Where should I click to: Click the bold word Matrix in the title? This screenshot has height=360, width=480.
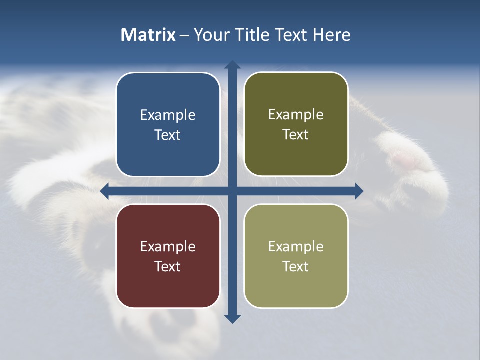tap(148, 35)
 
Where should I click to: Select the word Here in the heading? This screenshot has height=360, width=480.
tap(332, 35)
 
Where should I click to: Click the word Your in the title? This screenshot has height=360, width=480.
tap(210, 35)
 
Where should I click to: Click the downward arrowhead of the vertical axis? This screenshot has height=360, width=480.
tap(232, 319)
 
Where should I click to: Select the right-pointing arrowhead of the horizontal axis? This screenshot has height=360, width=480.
tap(359, 191)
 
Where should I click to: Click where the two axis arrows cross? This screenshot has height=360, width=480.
tap(232, 191)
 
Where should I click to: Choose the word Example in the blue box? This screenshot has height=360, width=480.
tap(168, 115)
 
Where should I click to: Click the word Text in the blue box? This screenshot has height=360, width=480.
tap(168, 135)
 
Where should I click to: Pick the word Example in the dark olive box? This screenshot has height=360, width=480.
tap(296, 115)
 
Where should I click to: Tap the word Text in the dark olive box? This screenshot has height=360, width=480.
tap(296, 135)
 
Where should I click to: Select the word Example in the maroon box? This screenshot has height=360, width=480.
tap(168, 247)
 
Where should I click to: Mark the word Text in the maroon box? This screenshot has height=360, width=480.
tap(168, 267)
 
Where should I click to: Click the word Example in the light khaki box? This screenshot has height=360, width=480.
tap(296, 247)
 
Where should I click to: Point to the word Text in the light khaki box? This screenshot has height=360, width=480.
tap(296, 267)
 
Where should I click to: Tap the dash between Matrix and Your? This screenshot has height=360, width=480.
tap(185, 35)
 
